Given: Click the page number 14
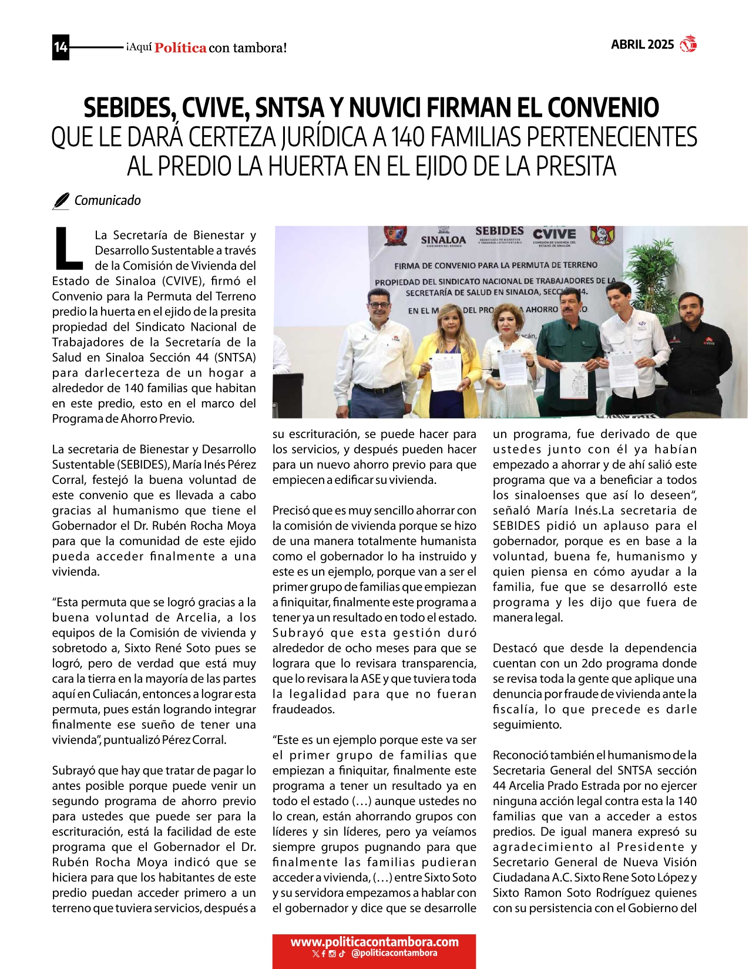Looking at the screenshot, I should pyautogui.click(x=61, y=47).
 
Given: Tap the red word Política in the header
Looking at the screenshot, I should pyautogui.click(x=180, y=48).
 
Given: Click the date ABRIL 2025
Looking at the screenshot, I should pyautogui.click(x=642, y=45).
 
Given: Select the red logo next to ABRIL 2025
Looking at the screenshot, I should pyautogui.click(x=688, y=45).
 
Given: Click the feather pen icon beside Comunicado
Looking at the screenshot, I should pyautogui.click(x=61, y=201).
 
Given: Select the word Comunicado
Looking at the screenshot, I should pyautogui.click(x=108, y=201).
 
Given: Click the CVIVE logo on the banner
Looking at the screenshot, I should pyautogui.click(x=554, y=234).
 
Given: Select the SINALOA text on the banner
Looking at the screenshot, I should pyautogui.click(x=444, y=240).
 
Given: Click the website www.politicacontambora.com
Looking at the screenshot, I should pyautogui.click(x=374, y=942).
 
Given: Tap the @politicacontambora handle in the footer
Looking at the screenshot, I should pyautogui.click(x=394, y=953).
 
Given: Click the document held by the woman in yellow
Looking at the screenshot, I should pyautogui.click(x=446, y=371).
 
